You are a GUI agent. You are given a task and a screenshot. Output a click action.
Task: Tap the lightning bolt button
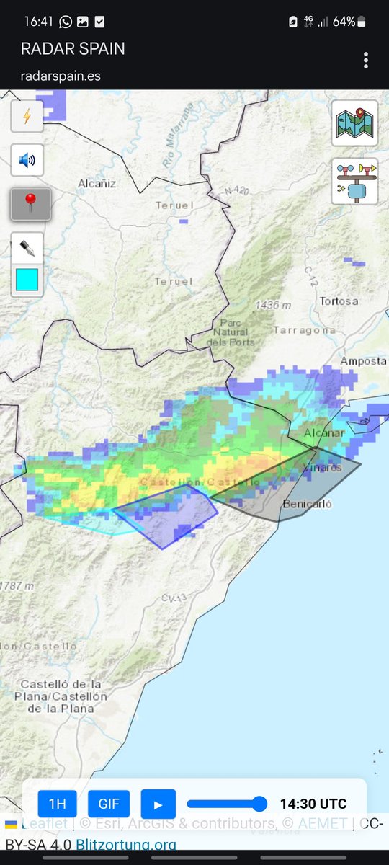[x=27, y=116]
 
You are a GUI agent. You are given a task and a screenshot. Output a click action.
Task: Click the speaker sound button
[x=27, y=160]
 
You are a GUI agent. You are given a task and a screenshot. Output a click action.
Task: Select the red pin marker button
[x=30, y=204]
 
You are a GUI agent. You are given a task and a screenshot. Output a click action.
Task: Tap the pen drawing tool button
[x=27, y=248]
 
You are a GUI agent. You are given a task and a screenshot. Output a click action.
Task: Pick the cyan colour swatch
[x=27, y=280]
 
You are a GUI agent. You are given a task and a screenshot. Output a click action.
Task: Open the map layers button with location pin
[x=354, y=123]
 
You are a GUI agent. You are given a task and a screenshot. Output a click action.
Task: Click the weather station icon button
[x=354, y=181]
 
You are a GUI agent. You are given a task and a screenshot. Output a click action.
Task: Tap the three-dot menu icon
[x=366, y=60]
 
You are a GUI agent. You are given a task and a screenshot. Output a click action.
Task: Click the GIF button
[x=109, y=804]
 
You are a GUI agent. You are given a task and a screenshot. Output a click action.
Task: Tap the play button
[x=158, y=804]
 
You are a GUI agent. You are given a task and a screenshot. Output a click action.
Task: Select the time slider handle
[x=260, y=804]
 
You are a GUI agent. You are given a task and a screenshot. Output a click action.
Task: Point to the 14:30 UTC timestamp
[x=313, y=804]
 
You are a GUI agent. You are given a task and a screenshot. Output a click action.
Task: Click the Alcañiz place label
[x=97, y=183]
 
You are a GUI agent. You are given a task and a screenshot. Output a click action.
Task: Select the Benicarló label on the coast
[x=308, y=504]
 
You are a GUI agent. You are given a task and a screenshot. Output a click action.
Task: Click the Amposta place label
[x=364, y=360]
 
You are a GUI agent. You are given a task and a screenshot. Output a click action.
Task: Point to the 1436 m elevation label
[x=273, y=306]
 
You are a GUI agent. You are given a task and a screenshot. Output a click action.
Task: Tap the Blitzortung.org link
[x=126, y=843]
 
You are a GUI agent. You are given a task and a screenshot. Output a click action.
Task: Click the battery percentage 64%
[x=344, y=22]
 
